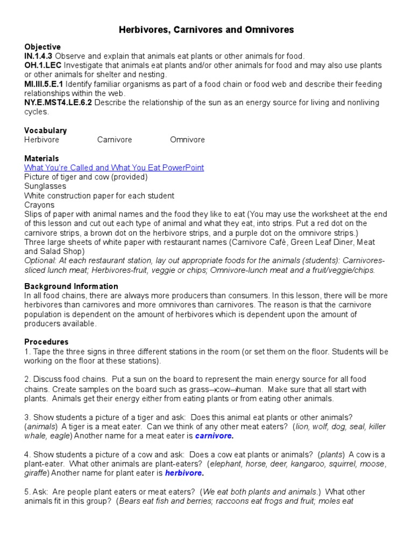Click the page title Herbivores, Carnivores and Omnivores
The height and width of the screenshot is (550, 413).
click(x=206, y=30)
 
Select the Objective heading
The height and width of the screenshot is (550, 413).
click(x=42, y=47)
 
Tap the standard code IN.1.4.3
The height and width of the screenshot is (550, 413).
click(x=38, y=56)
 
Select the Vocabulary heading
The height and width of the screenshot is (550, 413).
click(x=46, y=131)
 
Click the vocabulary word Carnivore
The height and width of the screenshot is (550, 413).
click(x=115, y=140)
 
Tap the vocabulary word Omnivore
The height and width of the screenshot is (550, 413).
click(x=187, y=140)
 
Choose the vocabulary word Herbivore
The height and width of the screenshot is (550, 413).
click(x=42, y=140)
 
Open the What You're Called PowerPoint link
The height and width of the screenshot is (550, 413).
click(x=114, y=168)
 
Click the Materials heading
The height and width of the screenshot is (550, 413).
click(x=41, y=158)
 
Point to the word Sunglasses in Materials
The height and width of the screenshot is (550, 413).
click(x=45, y=186)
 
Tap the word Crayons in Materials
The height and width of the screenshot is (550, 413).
click(x=39, y=205)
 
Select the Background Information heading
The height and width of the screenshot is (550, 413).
click(x=71, y=286)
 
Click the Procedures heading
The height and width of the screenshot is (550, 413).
click(x=46, y=342)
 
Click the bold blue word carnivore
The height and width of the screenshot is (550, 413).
click(x=213, y=436)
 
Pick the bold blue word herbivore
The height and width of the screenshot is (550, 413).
click(x=184, y=473)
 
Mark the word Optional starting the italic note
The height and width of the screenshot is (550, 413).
click(x=40, y=260)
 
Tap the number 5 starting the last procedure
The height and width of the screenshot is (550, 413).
click(x=26, y=492)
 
